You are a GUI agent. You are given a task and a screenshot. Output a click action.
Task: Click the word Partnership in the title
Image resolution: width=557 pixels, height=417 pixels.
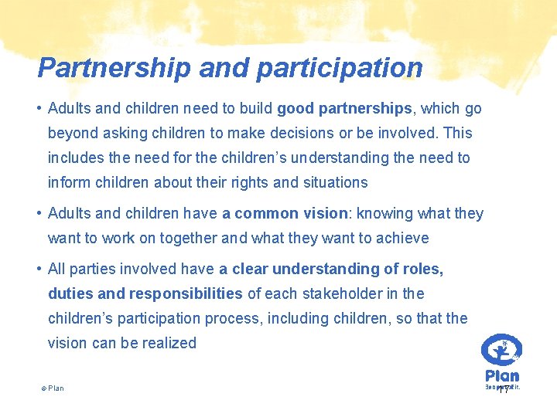(x=114, y=68)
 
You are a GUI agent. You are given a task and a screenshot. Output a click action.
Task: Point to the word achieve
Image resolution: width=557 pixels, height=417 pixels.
(x=402, y=239)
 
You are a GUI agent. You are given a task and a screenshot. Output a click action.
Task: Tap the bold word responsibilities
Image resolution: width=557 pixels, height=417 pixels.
(x=186, y=294)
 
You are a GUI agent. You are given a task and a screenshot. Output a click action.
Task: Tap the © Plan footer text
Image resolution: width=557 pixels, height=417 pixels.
(x=53, y=388)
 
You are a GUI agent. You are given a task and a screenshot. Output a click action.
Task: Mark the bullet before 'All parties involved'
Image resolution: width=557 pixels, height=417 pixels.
(x=39, y=270)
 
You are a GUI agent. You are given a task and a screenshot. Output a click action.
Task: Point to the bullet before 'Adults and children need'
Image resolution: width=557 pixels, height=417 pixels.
(x=39, y=109)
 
